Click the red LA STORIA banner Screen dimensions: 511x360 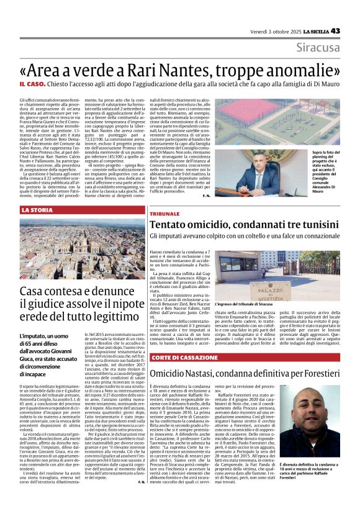point(37,210)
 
